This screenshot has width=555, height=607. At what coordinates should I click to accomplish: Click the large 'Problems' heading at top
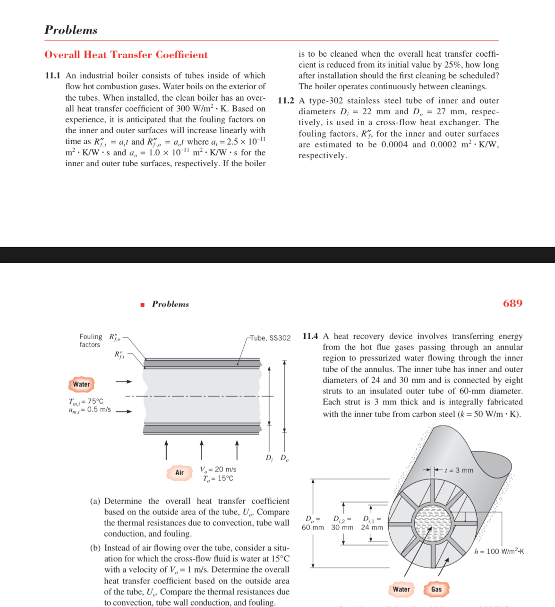tap(71, 30)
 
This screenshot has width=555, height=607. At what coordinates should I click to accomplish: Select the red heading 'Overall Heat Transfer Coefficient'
tap(126, 55)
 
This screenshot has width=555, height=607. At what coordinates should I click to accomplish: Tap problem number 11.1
tap(52, 76)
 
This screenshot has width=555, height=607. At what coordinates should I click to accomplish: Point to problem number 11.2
tap(285, 101)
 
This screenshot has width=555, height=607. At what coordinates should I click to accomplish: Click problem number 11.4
tap(310, 336)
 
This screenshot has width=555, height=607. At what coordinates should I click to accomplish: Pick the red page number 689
tap(512, 303)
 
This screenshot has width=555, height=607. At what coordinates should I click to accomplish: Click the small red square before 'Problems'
tap(142, 305)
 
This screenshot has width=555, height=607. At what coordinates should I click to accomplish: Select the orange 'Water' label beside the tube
tap(81, 384)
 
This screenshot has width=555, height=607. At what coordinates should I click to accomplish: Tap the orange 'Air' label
tap(179, 472)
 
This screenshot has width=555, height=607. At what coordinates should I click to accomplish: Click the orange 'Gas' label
tap(436, 589)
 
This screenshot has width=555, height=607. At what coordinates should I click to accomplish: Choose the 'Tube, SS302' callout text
tap(270, 338)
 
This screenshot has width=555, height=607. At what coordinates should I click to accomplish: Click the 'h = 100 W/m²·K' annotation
tap(499, 551)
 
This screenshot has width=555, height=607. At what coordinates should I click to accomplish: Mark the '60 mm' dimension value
tap(313, 527)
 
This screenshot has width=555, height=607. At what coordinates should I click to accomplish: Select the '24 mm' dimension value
tap(372, 527)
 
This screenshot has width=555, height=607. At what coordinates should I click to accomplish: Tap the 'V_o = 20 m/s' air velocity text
tap(218, 469)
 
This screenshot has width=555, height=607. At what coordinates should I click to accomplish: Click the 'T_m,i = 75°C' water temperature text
tap(86, 401)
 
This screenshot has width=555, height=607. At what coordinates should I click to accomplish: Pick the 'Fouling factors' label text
tap(90, 341)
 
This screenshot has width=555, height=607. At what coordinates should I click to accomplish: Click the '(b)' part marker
tap(95, 548)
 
